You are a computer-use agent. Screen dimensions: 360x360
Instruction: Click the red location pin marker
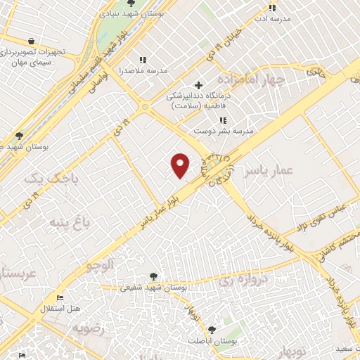click(x=181, y=165)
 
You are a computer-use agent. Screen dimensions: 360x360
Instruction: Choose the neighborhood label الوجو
click(x=99, y=265)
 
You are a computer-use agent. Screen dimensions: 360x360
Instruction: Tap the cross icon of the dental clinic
click(x=199, y=85)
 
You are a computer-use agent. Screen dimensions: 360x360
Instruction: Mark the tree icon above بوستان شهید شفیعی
click(x=153, y=276)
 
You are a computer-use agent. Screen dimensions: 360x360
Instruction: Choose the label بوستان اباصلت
click(x=211, y=340)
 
